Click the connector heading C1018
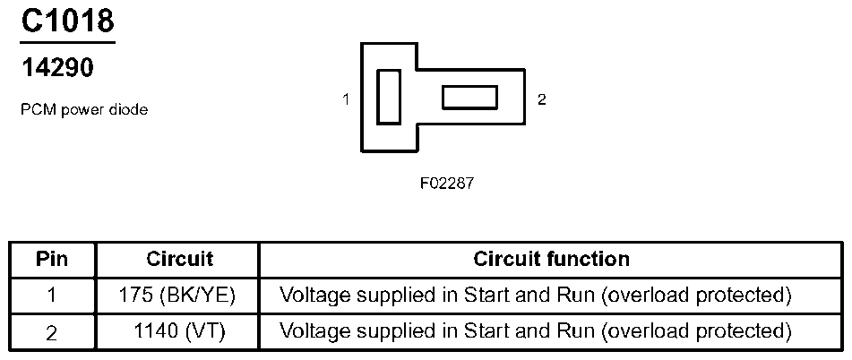(67, 21)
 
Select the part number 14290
(57, 68)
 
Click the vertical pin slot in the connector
(389, 98)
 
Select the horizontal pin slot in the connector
(470, 98)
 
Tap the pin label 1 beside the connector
(346, 99)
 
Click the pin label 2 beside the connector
(541, 99)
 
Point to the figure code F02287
(447, 183)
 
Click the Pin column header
(52, 259)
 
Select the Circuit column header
(180, 259)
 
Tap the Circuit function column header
(552, 259)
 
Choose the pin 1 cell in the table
(52, 296)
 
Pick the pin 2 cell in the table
(52, 332)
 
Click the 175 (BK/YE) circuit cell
(176, 296)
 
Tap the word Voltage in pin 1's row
(312, 296)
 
